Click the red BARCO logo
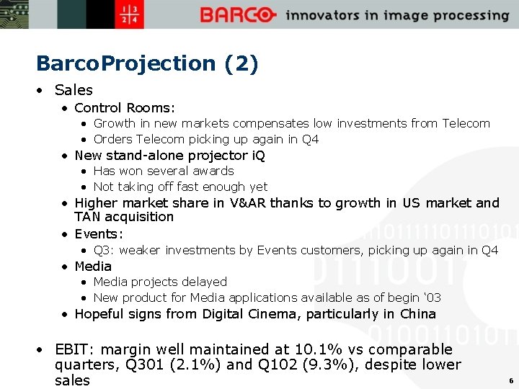point(238,15)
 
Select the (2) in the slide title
point(241,63)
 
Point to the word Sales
point(74,90)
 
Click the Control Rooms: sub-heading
point(125,108)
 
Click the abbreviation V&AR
point(248,203)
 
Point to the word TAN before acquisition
point(88,217)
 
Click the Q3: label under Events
point(104,251)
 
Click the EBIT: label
point(74,350)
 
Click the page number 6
point(510,380)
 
